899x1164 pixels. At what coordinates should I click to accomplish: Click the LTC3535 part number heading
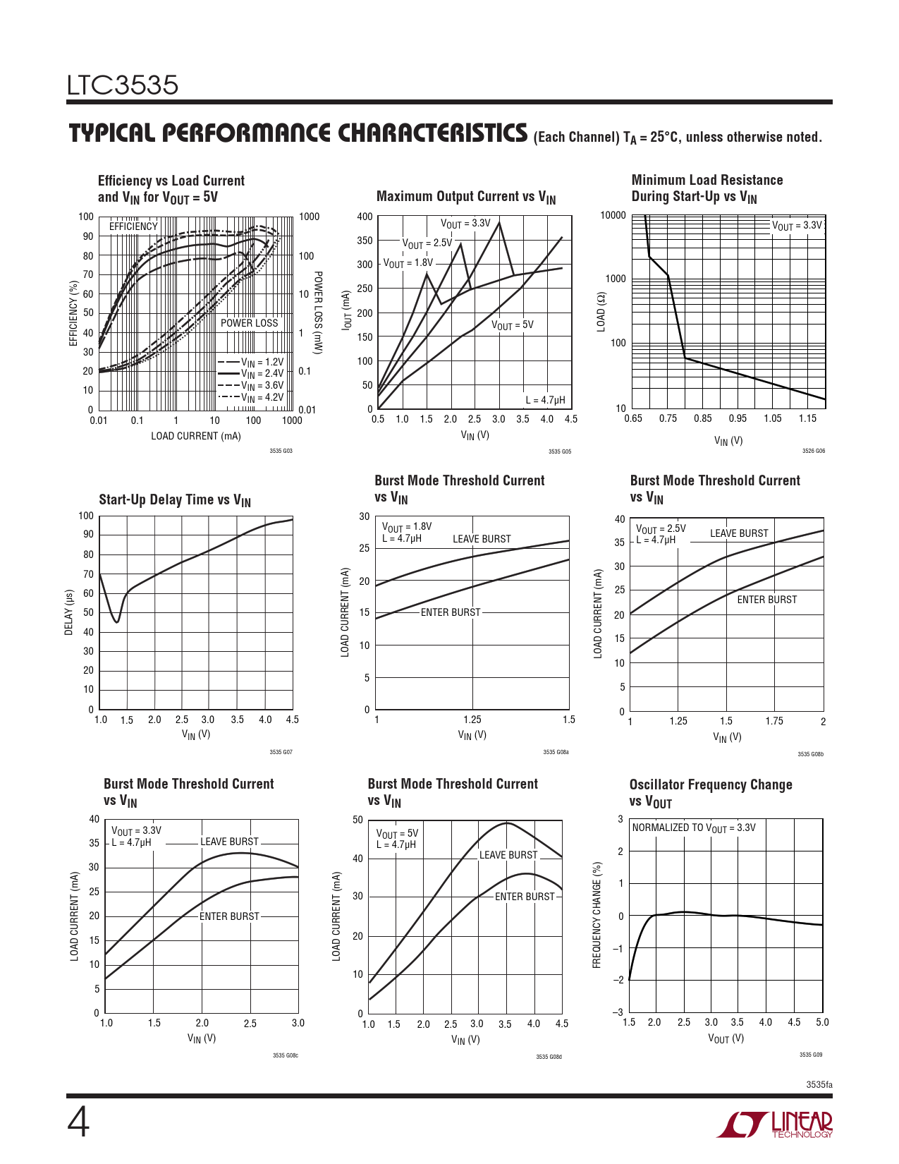pyautogui.click(x=123, y=85)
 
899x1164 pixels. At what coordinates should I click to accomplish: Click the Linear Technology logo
pyautogui.click(x=774, y=1124)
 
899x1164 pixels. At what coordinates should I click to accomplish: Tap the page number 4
pyautogui.click(x=78, y=1123)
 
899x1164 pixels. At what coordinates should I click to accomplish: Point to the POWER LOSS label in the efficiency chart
pyautogui.click(x=250, y=323)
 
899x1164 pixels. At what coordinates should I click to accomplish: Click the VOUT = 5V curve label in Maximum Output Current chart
pyautogui.click(x=512, y=325)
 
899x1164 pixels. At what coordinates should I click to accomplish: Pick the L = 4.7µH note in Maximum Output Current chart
pyautogui.click(x=545, y=400)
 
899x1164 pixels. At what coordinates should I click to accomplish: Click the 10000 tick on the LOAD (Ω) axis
pyautogui.click(x=613, y=215)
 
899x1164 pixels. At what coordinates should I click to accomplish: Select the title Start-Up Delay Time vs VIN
pyautogui.click(x=175, y=500)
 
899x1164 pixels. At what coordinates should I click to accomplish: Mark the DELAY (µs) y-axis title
pyautogui.click(x=69, y=612)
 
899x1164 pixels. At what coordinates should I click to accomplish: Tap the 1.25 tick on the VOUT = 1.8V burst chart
pyautogui.click(x=472, y=720)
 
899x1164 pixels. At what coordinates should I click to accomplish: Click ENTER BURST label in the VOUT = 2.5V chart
pyautogui.click(x=766, y=600)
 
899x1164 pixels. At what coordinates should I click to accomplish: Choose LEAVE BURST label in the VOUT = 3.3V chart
pyautogui.click(x=229, y=842)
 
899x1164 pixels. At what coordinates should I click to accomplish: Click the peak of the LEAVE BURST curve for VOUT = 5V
pyautogui.click(x=507, y=823)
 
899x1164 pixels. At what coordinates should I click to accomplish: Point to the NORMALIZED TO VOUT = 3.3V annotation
pyautogui.click(x=693, y=827)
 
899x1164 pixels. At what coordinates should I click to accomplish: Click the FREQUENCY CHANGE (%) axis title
pyautogui.click(x=597, y=915)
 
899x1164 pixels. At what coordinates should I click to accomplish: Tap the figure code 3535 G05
pyautogui.click(x=560, y=451)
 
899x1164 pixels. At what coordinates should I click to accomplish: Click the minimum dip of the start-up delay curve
pyautogui.click(x=117, y=622)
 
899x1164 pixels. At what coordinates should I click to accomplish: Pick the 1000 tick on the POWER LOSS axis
pyautogui.click(x=309, y=217)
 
